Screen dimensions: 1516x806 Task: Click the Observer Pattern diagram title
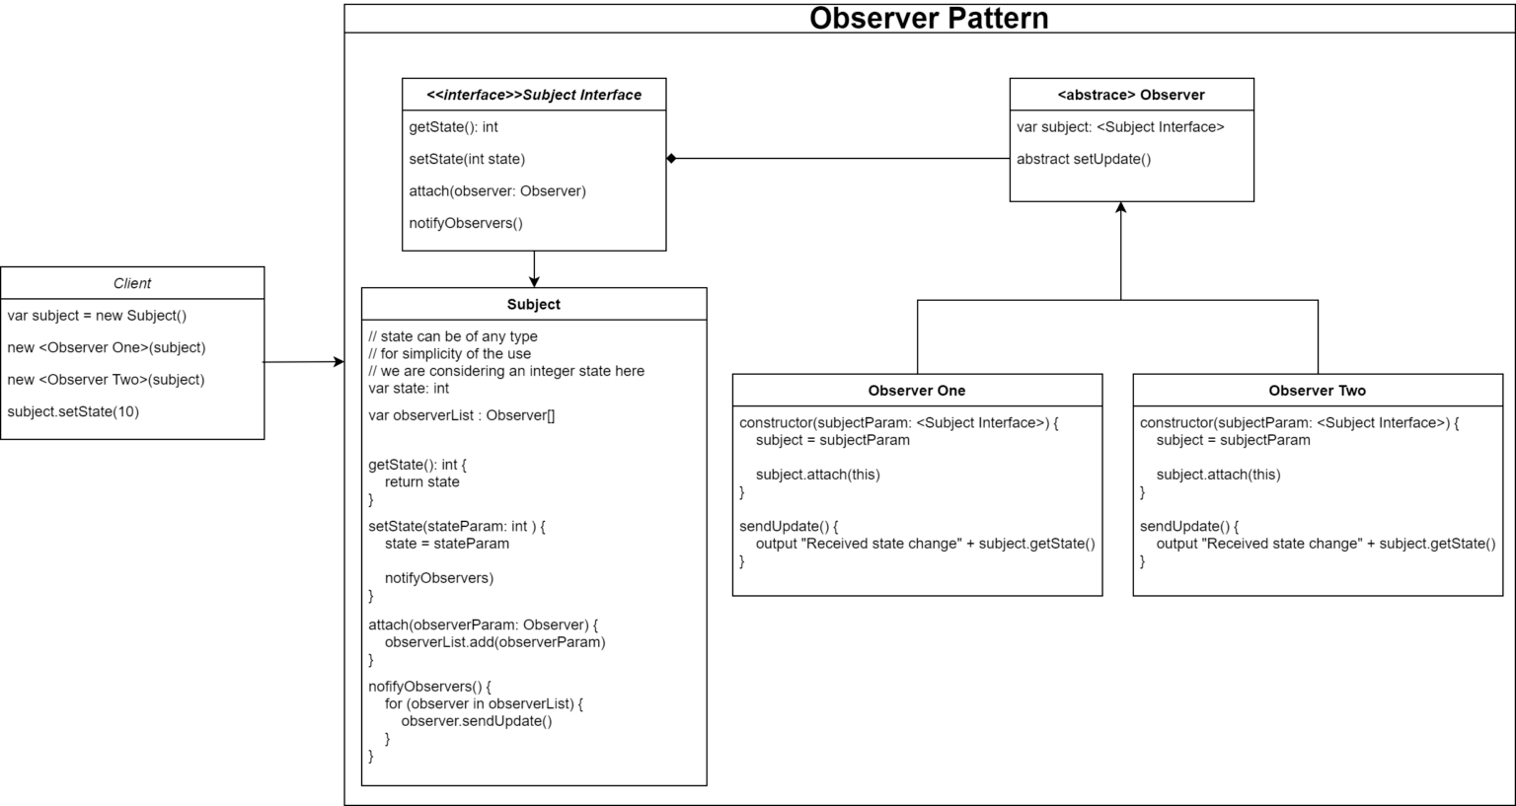(x=929, y=19)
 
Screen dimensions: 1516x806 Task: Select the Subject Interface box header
(x=534, y=95)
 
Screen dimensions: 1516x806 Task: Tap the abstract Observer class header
(x=1131, y=95)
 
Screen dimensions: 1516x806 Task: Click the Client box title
(x=132, y=283)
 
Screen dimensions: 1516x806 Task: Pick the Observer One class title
(x=916, y=391)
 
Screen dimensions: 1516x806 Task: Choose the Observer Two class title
(x=1317, y=391)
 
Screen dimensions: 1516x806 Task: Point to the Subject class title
(x=533, y=305)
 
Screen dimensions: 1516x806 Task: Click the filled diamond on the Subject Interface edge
(x=671, y=159)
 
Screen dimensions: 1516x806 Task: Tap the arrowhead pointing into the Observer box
(x=1121, y=207)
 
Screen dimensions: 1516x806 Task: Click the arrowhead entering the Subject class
(x=534, y=282)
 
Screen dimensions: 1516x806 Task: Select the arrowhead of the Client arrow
(x=340, y=361)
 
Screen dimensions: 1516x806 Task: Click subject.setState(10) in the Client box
(x=73, y=411)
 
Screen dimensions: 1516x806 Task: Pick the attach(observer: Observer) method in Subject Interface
(x=497, y=190)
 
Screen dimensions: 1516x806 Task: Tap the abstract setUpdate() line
(x=1084, y=159)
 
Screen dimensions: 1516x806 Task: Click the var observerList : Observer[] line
(x=462, y=415)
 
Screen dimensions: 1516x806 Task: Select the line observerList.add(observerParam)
(x=495, y=642)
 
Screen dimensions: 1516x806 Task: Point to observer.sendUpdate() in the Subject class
(x=477, y=721)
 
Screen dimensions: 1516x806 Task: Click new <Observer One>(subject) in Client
(x=107, y=348)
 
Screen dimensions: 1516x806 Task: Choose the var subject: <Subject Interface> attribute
(x=1120, y=127)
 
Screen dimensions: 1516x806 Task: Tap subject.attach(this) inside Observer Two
(x=1218, y=475)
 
